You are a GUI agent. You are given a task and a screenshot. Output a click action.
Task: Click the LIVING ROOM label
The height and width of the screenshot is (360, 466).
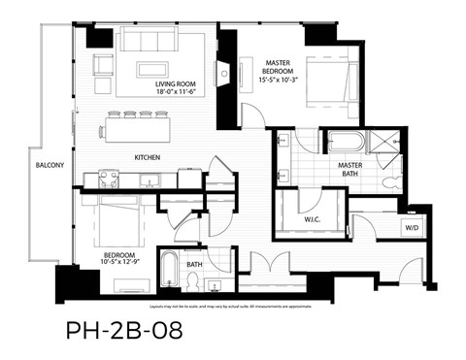click(x=176, y=84)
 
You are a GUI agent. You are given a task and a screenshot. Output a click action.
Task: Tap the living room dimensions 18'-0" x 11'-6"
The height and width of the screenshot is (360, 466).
click(x=176, y=94)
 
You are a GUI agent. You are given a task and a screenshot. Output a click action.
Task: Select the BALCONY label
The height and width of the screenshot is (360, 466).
click(x=50, y=165)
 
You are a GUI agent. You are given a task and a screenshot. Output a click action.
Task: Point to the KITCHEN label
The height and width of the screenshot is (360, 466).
click(x=148, y=157)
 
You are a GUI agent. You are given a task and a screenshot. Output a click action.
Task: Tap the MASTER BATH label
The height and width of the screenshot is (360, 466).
click(x=349, y=171)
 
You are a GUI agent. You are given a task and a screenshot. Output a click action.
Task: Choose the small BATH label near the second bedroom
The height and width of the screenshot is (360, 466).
click(x=194, y=264)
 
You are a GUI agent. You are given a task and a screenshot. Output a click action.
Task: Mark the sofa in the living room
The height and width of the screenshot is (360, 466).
click(x=163, y=40)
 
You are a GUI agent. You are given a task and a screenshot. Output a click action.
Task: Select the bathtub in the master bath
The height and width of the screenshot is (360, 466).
click(x=345, y=143)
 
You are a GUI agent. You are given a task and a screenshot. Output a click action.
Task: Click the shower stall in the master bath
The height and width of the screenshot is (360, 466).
click(x=388, y=142)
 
